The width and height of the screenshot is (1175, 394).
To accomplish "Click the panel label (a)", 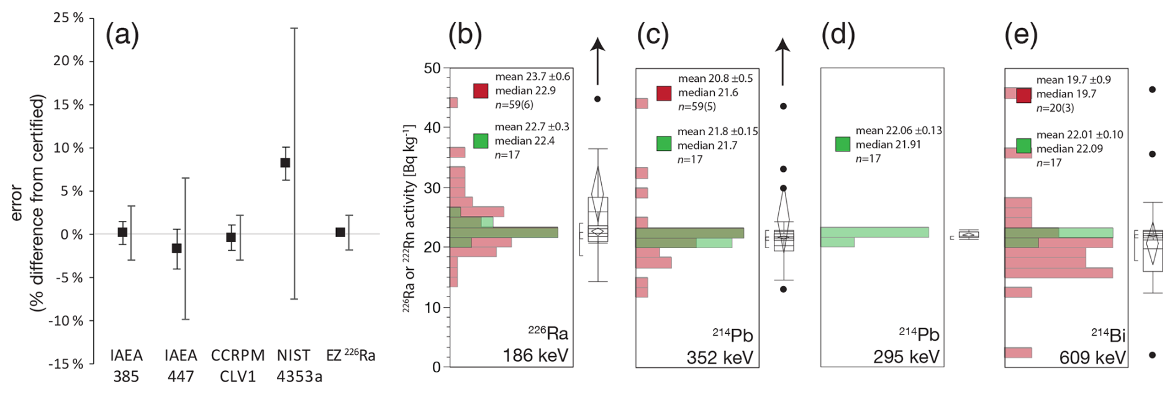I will [122, 35].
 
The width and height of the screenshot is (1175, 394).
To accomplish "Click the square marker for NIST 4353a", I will [285, 163].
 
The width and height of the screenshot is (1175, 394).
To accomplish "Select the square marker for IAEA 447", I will [176, 248].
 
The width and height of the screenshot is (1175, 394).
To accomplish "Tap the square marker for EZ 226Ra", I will [340, 232].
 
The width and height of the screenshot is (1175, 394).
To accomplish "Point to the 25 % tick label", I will [69, 18].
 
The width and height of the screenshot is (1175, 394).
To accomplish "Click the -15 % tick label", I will [66, 364].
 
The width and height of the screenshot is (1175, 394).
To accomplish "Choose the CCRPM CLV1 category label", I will [238, 365].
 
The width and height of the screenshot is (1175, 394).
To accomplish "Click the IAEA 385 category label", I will [126, 365].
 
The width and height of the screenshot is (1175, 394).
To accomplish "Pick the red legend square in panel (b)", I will [481, 91].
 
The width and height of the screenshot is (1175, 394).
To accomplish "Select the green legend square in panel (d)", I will [842, 145].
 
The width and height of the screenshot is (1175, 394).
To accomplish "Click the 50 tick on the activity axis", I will [432, 68].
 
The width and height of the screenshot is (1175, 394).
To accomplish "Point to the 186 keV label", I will [535, 356].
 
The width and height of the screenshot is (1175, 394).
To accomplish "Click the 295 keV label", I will [906, 357].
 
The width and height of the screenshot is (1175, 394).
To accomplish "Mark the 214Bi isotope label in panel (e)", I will [1108, 336].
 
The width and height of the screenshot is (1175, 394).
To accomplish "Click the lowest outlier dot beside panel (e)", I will [1152, 355].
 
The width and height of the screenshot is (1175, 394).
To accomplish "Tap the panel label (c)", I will [652, 35].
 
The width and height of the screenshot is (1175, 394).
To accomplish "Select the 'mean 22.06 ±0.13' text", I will [899, 130].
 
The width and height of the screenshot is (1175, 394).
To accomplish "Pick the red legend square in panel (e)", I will [1023, 96].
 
